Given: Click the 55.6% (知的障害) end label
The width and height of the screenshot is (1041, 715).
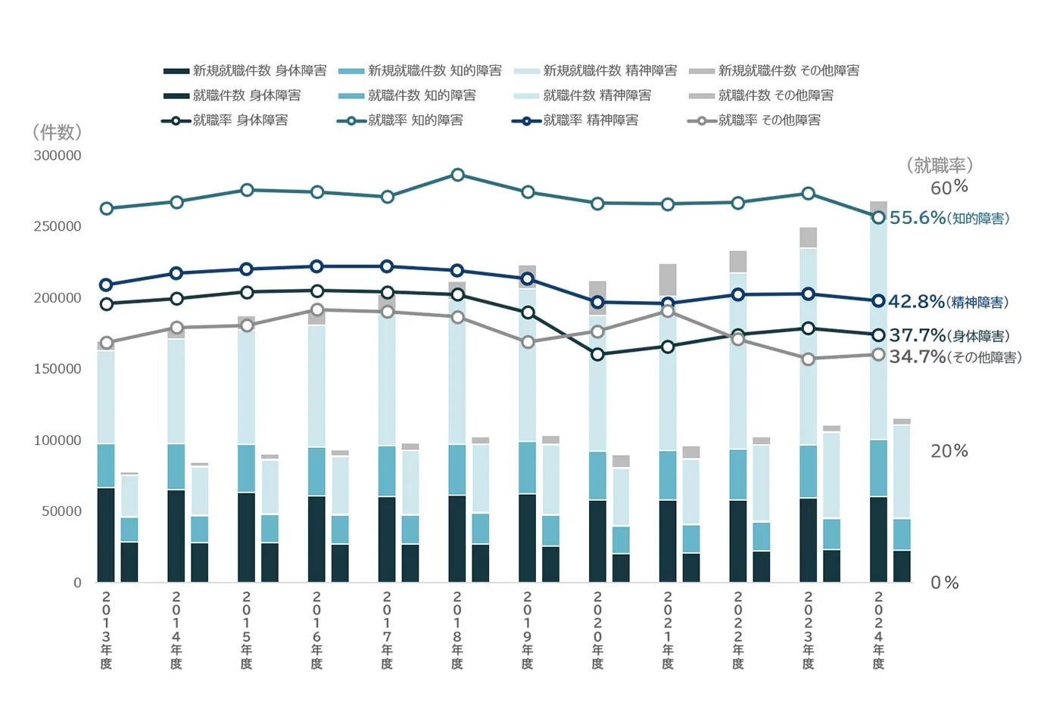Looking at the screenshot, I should coord(949,218).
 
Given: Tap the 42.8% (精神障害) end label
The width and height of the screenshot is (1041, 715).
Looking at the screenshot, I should coord(948,302).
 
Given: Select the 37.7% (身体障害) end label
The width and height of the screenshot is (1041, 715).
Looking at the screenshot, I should coord(949,335).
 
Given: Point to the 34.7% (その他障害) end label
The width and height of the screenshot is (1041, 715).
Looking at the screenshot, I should coord(955,356).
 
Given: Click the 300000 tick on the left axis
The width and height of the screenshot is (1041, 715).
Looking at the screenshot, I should coord(58,156).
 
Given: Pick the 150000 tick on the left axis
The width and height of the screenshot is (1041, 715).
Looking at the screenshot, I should coord(58,369).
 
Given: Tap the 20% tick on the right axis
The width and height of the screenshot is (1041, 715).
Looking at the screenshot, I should coord(949,451).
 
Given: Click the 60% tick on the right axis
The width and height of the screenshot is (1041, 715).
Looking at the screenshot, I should coord(949,187).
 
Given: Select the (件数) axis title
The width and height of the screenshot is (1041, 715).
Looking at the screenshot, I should coord(57,132).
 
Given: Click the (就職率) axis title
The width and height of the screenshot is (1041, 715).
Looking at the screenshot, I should coord(939,165).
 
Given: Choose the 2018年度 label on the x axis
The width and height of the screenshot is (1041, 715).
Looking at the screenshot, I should coord(457,630).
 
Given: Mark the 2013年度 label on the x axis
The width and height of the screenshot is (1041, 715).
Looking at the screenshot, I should coord(106,630).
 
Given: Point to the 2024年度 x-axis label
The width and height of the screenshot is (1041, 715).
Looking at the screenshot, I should coord(878,630).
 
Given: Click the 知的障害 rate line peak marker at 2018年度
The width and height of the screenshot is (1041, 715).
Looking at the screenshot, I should coord(457,175).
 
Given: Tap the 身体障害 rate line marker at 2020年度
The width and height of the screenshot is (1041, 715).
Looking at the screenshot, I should coord(597,354).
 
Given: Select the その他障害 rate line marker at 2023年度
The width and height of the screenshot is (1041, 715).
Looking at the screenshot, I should coord(808,359).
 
